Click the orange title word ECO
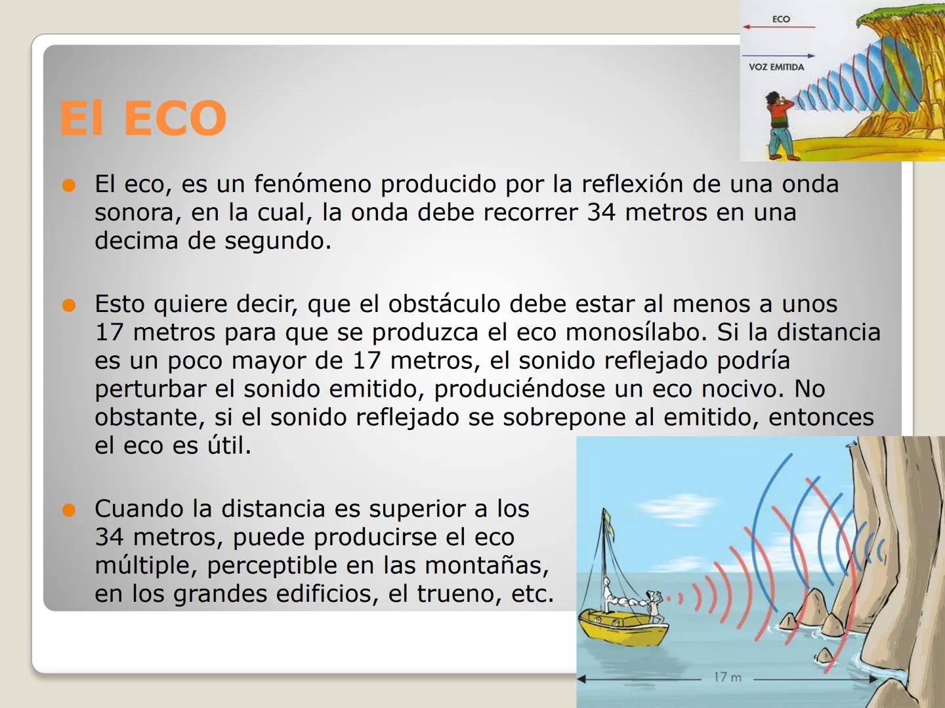(175, 117)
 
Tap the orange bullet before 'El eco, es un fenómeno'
(69, 186)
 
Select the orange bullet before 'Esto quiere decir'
(69, 305)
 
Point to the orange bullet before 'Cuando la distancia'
(69, 510)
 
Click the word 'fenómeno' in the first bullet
(312, 184)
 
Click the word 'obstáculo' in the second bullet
(444, 304)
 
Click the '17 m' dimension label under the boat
(728, 678)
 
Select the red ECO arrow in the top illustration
(779, 27)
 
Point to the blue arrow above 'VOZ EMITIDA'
(779, 56)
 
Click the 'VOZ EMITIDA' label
(776, 67)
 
